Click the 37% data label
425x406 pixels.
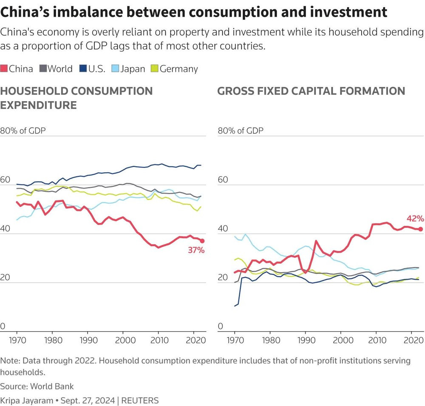[x=196, y=250]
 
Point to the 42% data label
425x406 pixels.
[x=415, y=219]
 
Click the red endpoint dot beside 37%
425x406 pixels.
[x=202, y=241]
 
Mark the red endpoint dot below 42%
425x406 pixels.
[x=420, y=229]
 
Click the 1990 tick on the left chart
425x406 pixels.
[x=88, y=341]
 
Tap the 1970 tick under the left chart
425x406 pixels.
[x=17, y=341]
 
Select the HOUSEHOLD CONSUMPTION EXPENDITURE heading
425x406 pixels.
[x=76, y=98]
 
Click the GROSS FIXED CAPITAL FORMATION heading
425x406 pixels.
[x=311, y=91]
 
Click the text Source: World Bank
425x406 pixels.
[x=37, y=386]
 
